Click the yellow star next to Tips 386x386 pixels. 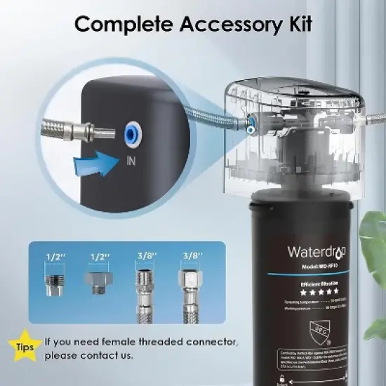pyautogui.click(x=23, y=345)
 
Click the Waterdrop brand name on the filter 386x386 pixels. pyautogui.click(x=314, y=252)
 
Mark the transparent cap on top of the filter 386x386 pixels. pyautogui.click(x=295, y=133)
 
